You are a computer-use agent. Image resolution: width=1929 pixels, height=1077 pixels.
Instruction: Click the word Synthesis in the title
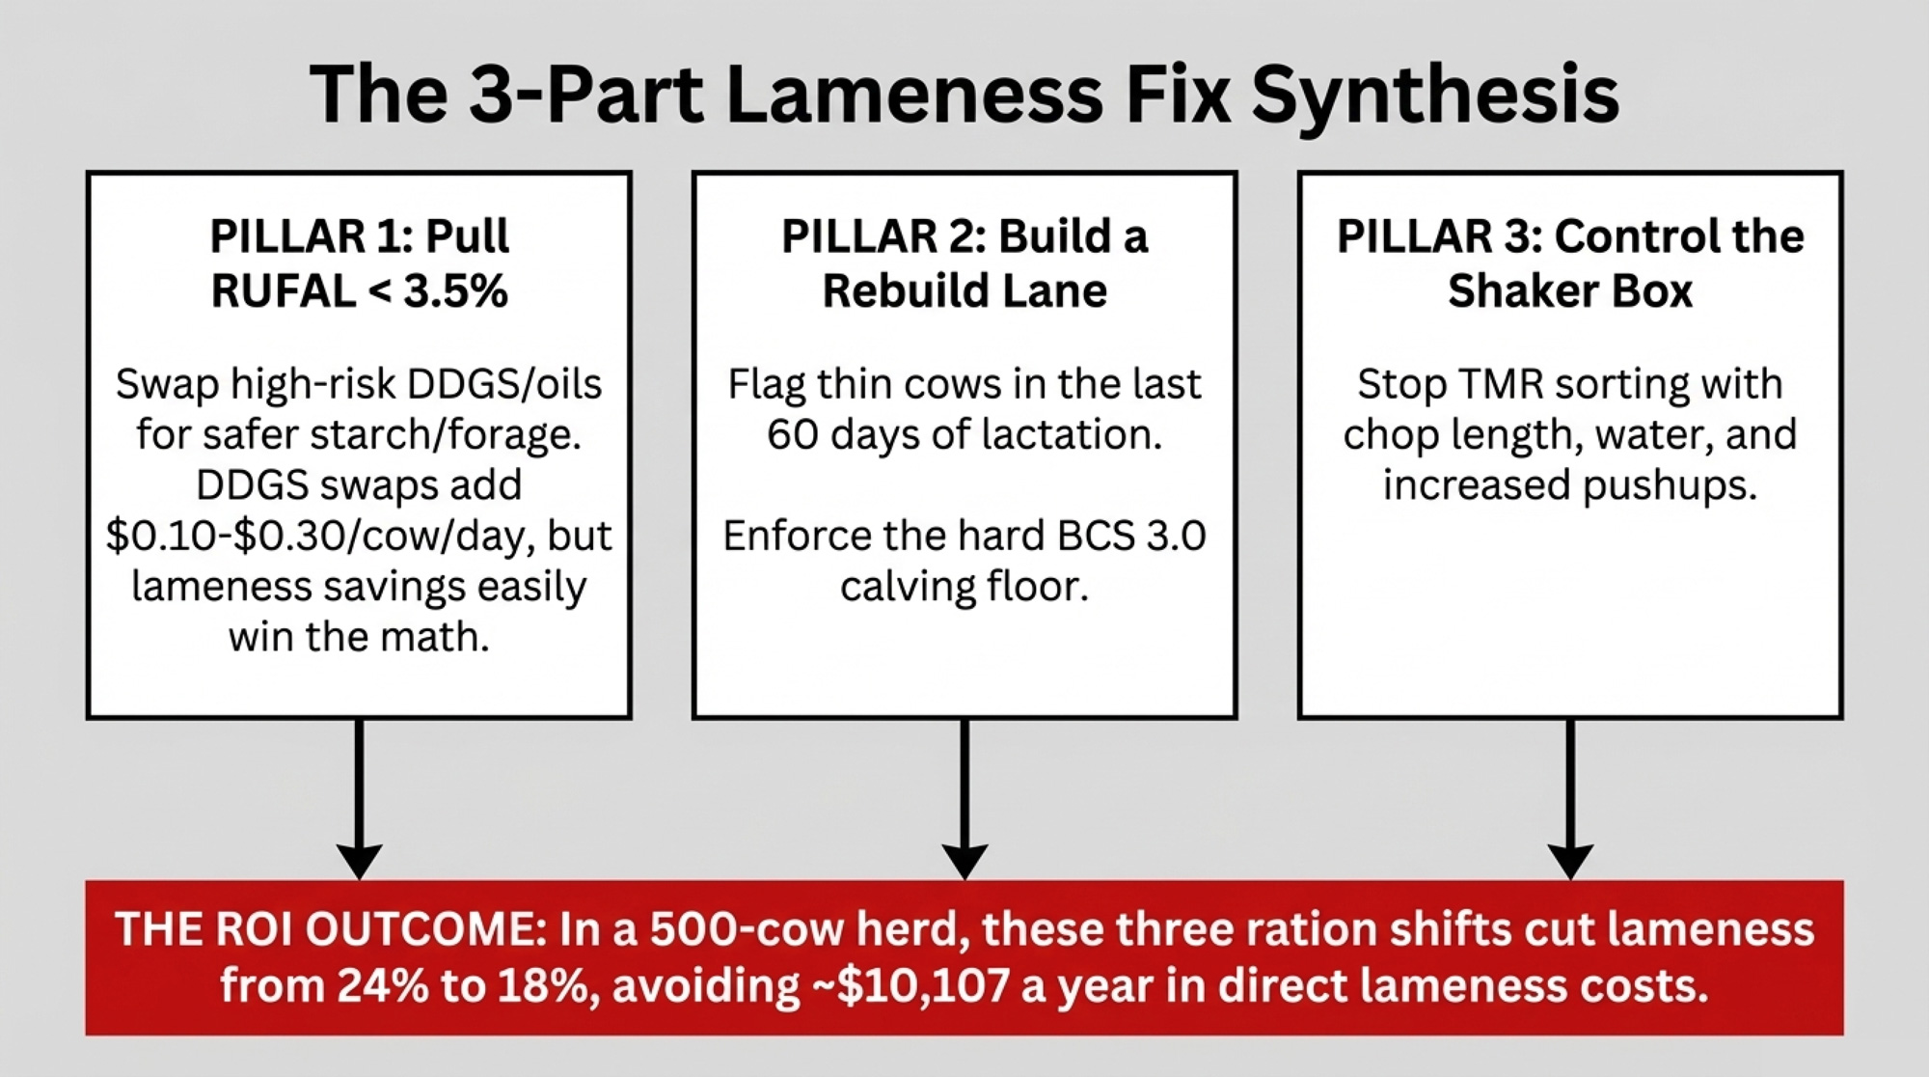(1435, 95)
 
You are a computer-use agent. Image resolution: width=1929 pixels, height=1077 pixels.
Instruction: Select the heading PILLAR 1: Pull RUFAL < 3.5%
(359, 263)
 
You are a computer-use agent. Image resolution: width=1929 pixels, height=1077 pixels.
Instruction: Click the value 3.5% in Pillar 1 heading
(455, 291)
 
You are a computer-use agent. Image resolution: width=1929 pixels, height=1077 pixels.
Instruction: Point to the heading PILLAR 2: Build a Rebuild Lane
(964, 263)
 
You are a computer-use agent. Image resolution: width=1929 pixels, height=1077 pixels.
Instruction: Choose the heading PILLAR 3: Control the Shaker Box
(1570, 263)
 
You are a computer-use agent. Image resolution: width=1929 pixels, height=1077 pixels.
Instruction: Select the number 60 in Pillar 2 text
(793, 435)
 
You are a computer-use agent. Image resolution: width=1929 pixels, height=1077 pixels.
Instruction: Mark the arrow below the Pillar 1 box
(359, 799)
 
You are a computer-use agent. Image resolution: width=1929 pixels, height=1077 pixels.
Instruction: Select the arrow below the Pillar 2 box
(964, 799)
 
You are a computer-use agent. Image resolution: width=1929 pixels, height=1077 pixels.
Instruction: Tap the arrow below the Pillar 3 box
(1570, 799)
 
